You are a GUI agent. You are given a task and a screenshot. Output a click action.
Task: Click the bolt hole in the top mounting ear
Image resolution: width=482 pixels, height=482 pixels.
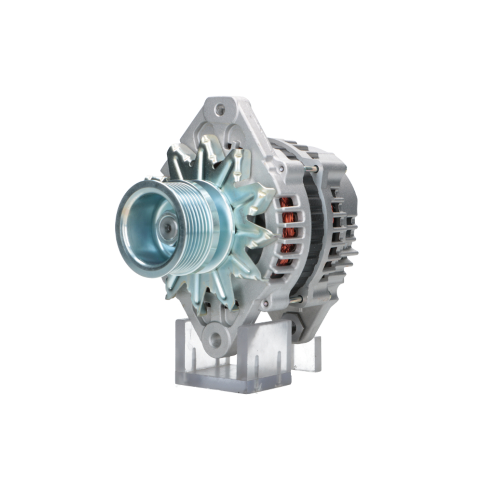pos(220,109)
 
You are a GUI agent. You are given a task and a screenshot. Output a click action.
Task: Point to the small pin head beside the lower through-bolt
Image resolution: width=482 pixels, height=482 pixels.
pos(266,304)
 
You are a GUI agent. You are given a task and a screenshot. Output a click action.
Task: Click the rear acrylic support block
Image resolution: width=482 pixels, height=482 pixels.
pos(311,354)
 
